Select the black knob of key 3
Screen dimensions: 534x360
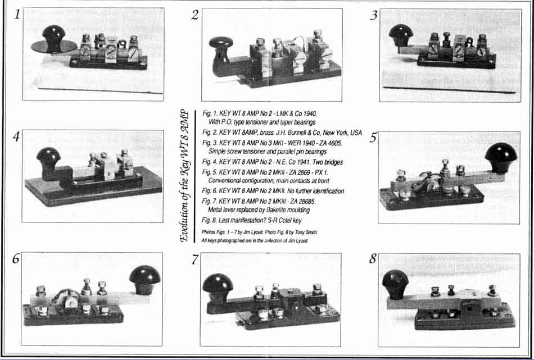(401, 35)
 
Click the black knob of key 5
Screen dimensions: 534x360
(501, 155)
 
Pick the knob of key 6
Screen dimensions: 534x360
(144, 279)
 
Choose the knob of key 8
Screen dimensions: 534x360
(395, 284)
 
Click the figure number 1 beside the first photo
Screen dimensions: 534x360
(17, 15)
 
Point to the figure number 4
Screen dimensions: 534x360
(16, 137)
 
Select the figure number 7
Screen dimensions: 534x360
(194, 259)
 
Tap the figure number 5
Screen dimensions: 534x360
(373, 138)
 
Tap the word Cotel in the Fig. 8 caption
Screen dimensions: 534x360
(285, 221)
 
